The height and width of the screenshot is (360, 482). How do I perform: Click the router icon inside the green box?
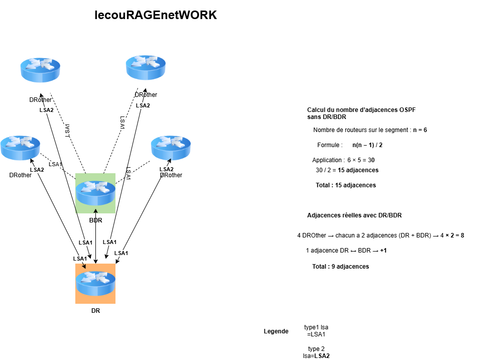coord(95,193)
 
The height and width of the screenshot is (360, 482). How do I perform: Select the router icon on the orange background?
coord(95,283)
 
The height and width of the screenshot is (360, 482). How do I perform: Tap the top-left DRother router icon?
coord(40,70)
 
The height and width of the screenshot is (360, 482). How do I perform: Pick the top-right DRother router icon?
coord(146,67)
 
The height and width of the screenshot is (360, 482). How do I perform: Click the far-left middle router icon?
coord(20,148)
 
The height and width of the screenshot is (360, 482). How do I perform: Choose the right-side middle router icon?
coord(171,148)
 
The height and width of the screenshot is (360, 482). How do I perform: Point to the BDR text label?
coord(96,220)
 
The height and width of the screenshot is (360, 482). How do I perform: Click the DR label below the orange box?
coord(95,311)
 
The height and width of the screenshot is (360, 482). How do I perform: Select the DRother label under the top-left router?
coord(40,100)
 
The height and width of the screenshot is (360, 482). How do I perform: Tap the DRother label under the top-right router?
coord(146,95)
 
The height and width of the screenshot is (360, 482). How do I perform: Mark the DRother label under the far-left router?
coord(20,175)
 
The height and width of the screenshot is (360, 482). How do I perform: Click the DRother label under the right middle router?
coord(171,175)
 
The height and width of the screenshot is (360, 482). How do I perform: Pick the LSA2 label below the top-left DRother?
coord(47,110)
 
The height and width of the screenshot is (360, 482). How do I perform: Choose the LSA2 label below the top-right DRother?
coord(143,105)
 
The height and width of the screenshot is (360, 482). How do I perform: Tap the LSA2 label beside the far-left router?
coord(37,170)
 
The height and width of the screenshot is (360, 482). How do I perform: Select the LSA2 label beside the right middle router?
coord(166,169)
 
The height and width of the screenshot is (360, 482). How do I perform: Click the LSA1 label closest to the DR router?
coord(80,259)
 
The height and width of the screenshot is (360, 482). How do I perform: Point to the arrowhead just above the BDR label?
coord(95,211)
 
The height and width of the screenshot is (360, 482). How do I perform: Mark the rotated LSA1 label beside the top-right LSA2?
coord(122,124)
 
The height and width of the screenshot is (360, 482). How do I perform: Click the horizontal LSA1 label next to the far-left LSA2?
coord(55,164)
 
